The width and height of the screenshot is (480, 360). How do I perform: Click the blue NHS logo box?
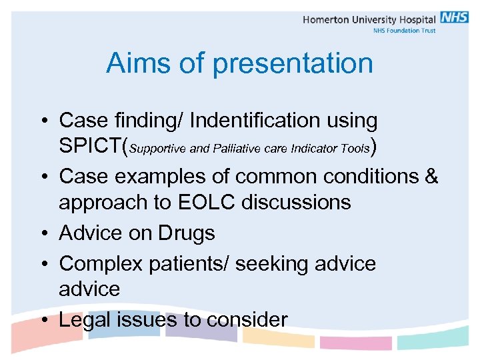point(454,18)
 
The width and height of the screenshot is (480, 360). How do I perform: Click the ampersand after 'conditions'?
point(431,177)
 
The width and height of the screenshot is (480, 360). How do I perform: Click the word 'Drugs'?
point(186,233)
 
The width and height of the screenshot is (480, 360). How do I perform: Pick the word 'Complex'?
point(101,264)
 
